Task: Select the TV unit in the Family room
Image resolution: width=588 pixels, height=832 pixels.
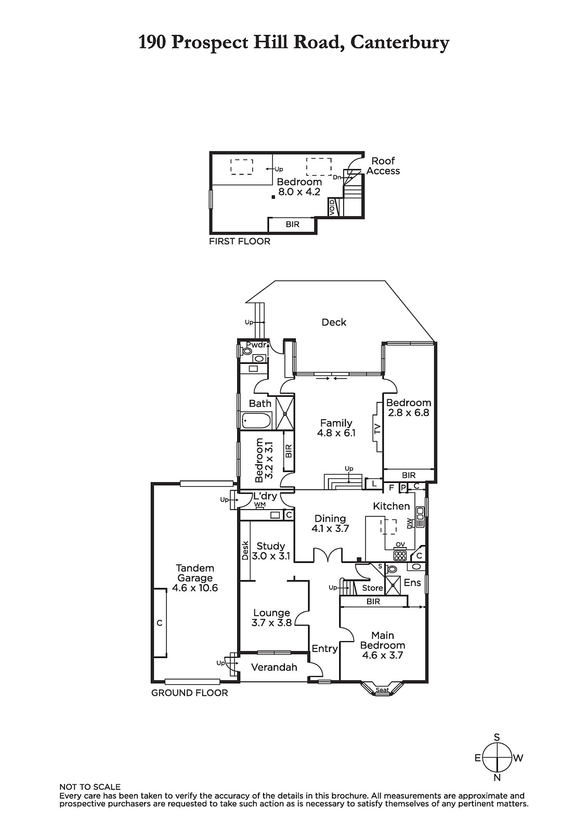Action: tap(378, 427)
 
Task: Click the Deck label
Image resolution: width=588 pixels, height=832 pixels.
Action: tap(334, 322)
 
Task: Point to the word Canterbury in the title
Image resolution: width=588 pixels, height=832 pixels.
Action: tap(400, 43)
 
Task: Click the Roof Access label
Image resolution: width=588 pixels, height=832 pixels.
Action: tap(383, 166)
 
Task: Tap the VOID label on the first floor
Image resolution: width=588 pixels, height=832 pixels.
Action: tap(332, 207)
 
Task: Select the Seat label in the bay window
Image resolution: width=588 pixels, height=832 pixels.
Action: tap(382, 690)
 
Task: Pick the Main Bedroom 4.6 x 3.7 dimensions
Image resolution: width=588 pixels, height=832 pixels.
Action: tap(382, 655)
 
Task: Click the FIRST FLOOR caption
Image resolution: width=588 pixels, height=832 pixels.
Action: tap(240, 241)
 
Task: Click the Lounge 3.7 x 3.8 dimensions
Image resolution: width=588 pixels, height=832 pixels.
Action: tap(271, 622)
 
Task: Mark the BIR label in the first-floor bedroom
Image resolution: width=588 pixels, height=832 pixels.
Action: tap(292, 225)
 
